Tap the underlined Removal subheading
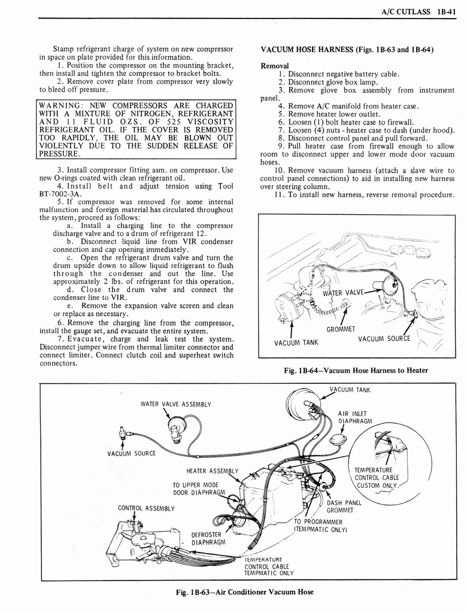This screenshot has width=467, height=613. tap(275, 65)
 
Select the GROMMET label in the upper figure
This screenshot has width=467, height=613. tap(341, 329)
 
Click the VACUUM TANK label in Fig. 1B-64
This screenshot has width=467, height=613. tap(296, 342)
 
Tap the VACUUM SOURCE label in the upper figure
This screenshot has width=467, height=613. tap(384, 339)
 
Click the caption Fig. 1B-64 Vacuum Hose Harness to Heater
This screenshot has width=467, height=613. tap(356, 370)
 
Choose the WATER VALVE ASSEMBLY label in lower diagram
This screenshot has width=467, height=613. tap(175, 403)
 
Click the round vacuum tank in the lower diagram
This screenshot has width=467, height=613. tap(304, 403)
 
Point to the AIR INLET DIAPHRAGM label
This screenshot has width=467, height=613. tap(355, 417)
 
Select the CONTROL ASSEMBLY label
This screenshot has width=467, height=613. tap(146, 508)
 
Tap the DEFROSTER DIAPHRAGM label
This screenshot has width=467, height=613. tap(208, 539)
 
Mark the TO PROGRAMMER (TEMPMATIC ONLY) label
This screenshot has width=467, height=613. tap(318, 525)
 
